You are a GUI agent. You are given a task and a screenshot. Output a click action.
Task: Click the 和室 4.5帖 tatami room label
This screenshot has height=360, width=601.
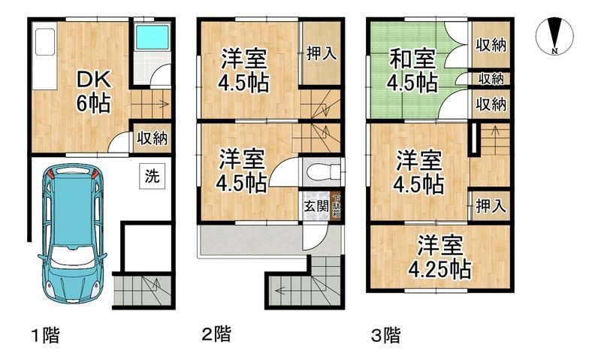(x=412, y=69)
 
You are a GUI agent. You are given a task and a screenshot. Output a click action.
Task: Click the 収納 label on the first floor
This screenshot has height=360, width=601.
(x=152, y=138)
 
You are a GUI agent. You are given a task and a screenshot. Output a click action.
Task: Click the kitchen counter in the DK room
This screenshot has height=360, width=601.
(x=41, y=56)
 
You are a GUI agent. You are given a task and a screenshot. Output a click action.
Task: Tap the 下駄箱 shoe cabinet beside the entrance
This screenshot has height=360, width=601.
(x=335, y=204)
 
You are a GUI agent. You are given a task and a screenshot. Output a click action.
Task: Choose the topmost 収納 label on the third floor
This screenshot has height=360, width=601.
(x=491, y=44)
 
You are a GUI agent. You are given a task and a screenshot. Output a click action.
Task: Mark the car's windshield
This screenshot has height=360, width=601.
(x=74, y=197)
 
